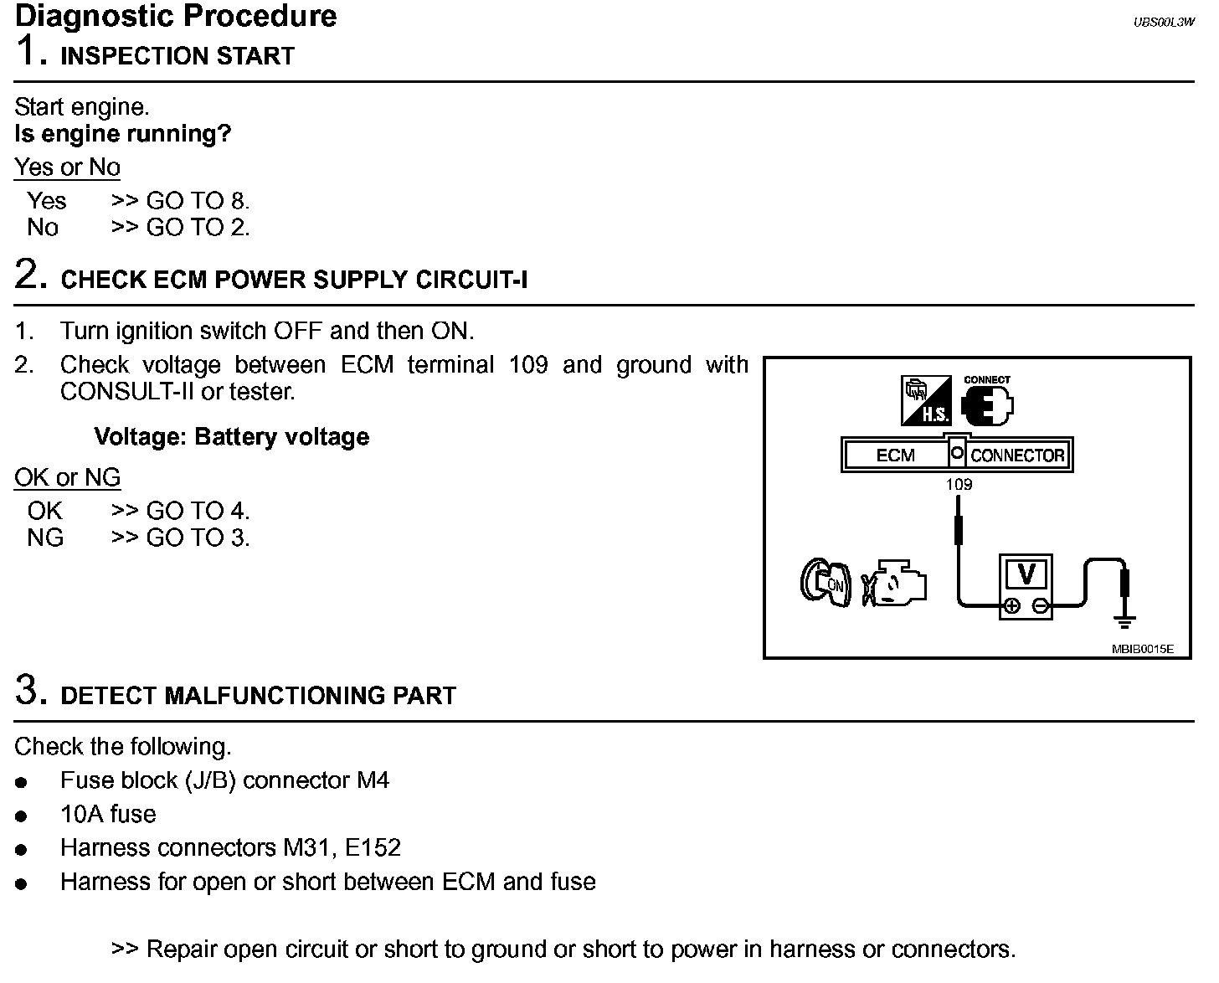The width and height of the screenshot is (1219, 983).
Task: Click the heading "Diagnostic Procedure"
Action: (x=176, y=16)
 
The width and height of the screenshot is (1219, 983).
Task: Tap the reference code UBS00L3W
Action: (x=1164, y=23)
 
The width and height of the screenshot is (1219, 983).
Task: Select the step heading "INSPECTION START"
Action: (x=177, y=56)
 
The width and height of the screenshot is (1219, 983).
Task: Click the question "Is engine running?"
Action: (x=123, y=134)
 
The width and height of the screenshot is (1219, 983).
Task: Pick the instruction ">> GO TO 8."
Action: (x=180, y=201)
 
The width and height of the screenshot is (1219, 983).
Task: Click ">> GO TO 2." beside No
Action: (x=180, y=228)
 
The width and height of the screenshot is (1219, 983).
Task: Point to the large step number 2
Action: (x=31, y=275)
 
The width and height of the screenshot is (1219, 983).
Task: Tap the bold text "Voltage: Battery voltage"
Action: (x=232, y=437)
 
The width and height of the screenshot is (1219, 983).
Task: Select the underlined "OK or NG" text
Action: (x=68, y=478)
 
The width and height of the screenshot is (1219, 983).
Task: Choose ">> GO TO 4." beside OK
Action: (x=180, y=511)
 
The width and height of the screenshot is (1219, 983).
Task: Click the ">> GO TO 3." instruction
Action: (x=180, y=538)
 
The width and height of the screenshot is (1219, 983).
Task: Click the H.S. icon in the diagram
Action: (x=926, y=400)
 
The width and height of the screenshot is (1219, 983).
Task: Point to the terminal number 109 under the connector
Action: (x=959, y=485)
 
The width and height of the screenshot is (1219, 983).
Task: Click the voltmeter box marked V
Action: (x=1026, y=585)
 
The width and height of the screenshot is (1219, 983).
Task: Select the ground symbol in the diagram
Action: (x=1125, y=620)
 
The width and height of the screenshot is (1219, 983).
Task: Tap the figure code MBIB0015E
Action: (x=1143, y=648)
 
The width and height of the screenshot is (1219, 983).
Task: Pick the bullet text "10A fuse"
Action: (x=108, y=815)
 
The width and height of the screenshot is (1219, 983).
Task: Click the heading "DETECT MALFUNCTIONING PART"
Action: (x=259, y=696)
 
